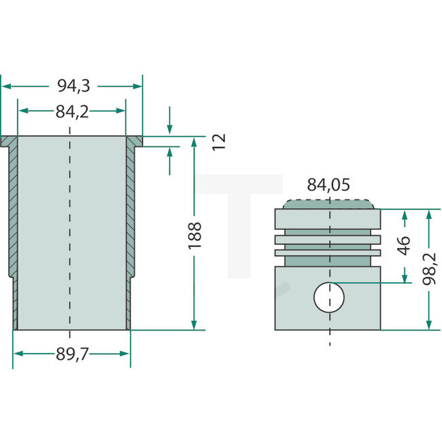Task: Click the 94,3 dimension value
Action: [72, 86]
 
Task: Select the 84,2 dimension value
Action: [72, 112]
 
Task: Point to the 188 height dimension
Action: [195, 235]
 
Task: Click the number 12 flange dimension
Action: [218, 141]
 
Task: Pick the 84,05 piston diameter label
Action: [329, 184]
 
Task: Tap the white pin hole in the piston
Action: [329, 297]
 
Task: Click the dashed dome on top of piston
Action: [329, 203]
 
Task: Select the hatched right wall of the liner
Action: [130, 211]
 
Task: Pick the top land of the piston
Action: [329, 218]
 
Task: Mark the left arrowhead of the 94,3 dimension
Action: [5, 86]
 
